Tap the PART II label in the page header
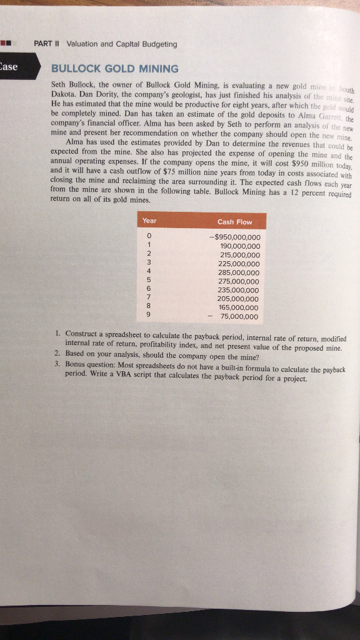coord(46,44)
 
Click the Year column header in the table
coord(149,221)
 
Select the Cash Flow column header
coord(234,222)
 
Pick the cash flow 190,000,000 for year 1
coord(240,246)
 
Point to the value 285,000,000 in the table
coord(240,272)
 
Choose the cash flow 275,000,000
coord(240,281)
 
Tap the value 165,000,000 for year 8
coord(240,308)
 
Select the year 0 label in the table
coord(148,236)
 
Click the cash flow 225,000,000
coord(240,264)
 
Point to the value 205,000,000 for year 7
coord(240,299)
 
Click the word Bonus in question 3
coord(77,362)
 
